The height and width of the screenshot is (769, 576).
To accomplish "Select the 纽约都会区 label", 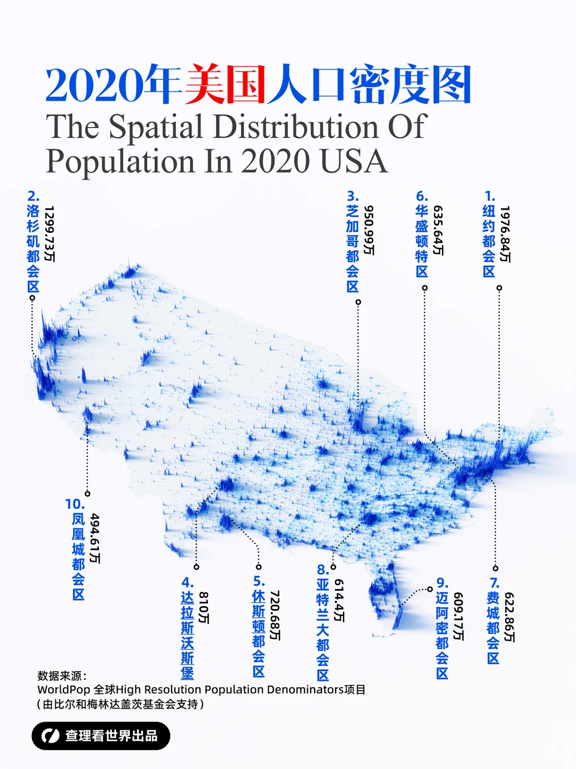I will tap(489, 240).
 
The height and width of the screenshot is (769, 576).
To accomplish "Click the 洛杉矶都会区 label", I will tap(33, 248).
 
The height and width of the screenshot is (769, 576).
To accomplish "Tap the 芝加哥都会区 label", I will tap(353, 248).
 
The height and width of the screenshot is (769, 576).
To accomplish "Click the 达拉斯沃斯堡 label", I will tap(187, 635).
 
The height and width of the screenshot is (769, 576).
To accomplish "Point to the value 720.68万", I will tap(275, 615).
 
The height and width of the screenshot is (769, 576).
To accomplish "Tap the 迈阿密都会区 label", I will tap(442, 635).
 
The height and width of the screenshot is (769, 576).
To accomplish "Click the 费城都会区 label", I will tap(493, 627).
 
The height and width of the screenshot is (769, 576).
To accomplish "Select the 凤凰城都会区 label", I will tap(78, 556).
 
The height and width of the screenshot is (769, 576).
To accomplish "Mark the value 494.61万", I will tap(95, 538).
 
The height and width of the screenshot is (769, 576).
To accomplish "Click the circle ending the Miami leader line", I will tap(430, 590).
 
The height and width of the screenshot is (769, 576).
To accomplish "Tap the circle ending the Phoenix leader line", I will tap(87, 493).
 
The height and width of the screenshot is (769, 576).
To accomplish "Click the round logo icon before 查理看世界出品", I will tap(51, 736).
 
